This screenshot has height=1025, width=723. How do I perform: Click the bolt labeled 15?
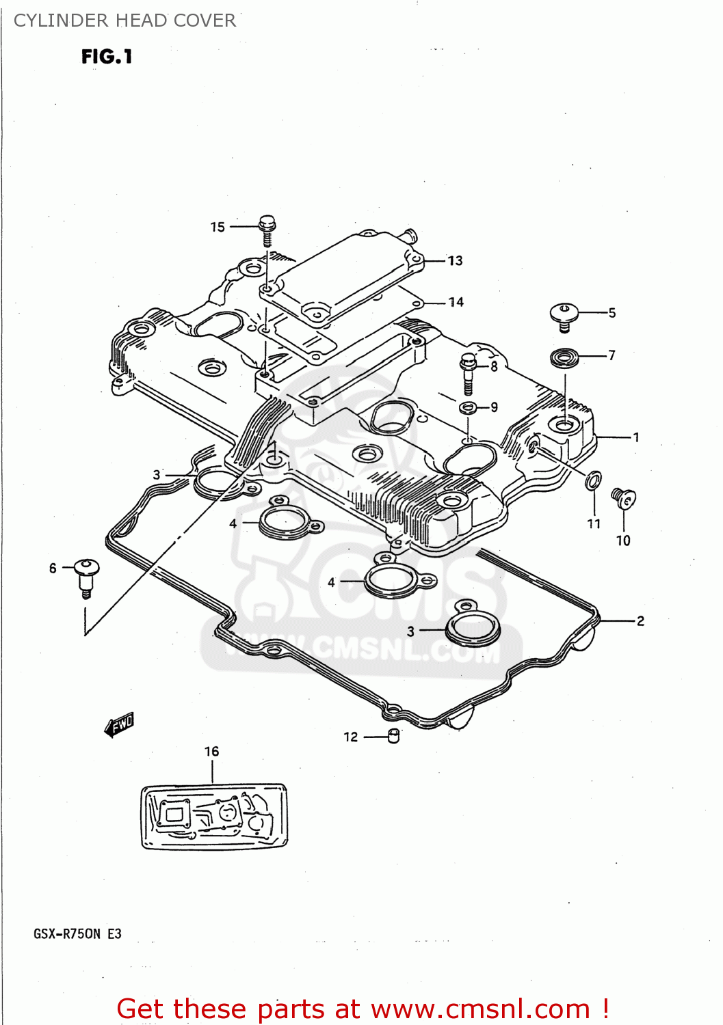[x=267, y=228]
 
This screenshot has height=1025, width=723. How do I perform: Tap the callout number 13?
[x=455, y=261]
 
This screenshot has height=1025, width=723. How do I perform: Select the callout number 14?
[x=456, y=302]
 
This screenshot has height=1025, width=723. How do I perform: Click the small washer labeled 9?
[x=468, y=409]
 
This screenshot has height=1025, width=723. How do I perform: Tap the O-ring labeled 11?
[x=594, y=480]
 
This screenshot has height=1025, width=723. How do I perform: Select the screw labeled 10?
[x=623, y=498]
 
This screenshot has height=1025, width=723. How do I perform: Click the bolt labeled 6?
[x=86, y=575]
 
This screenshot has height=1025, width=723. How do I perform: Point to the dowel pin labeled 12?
[x=394, y=736]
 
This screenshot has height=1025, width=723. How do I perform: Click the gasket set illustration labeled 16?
[x=214, y=817]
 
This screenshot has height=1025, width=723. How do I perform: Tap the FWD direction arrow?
[x=120, y=724]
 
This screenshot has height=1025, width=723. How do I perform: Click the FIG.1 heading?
[x=107, y=57]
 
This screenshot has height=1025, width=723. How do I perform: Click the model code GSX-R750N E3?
[x=77, y=934]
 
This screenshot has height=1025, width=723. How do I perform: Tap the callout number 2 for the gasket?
[x=640, y=621]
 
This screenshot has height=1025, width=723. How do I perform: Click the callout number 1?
[x=636, y=437]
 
